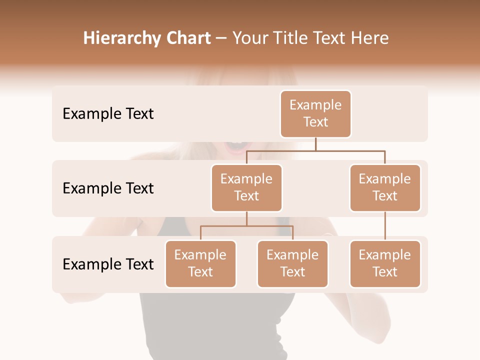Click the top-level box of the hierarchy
pos(315,113)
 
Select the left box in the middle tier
pos(246,187)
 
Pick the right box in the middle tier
pos(385,187)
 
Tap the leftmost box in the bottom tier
pos(200,263)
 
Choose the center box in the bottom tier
pos(292,263)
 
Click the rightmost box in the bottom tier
pos(385,263)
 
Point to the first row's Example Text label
pos(108,113)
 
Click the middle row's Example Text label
pos(108,188)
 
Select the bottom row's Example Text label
pos(108,264)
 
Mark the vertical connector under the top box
pos(315,144)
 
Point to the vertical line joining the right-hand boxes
pos(385,226)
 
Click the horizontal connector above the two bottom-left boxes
pos(246,226)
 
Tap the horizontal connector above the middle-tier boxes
pos(315,150)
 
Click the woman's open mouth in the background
pos(237,146)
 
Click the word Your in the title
pos(249,38)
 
